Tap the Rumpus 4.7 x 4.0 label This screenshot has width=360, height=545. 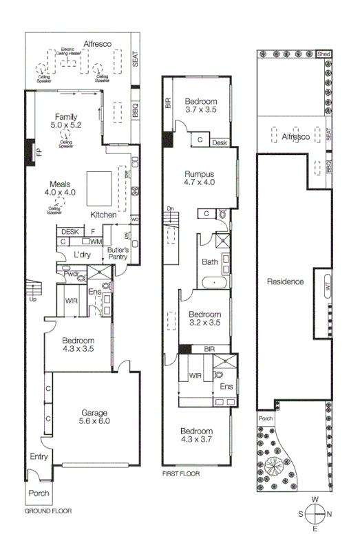[200, 178]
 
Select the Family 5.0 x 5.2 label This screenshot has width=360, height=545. [66, 121]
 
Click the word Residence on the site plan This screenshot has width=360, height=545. [284, 281]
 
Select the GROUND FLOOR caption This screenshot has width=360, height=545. [48, 511]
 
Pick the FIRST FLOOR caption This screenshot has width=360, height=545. [180, 474]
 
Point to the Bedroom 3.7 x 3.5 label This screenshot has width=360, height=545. [200, 105]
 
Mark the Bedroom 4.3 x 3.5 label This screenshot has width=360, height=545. [77, 344]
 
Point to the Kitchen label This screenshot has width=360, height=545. [103, 215]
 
